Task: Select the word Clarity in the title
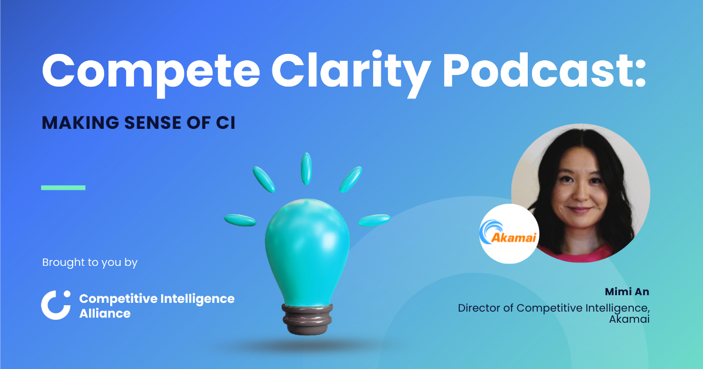click(337, 70)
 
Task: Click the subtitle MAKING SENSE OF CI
click(138, 124)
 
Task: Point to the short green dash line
click(63, 187)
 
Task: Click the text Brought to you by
click(90, 262)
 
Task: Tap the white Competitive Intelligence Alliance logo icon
click(56, 305)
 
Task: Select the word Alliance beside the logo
click(105, 313)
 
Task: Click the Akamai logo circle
click(509, 233)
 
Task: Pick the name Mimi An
click(627, 292)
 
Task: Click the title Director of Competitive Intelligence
click(554, 307)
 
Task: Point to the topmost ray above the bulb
click(306, 169)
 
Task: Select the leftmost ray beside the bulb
click(240, 220)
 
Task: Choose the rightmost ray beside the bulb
click(374, 220)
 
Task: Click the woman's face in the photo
click(578, 187)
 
